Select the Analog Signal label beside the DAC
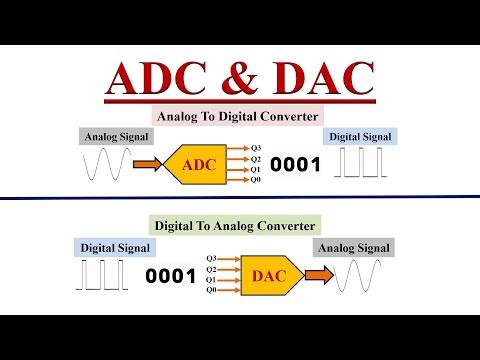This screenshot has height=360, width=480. click(x=353, y=247)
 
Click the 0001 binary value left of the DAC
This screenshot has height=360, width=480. click(x=171, y=275)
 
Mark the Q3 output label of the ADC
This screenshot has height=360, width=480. click(x=256, y=145)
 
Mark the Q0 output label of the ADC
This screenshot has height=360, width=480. click(x=256, y=181)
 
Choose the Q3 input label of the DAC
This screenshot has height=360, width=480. click(x=211, y=257)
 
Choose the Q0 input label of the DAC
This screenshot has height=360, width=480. click(x=211, y=291)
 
